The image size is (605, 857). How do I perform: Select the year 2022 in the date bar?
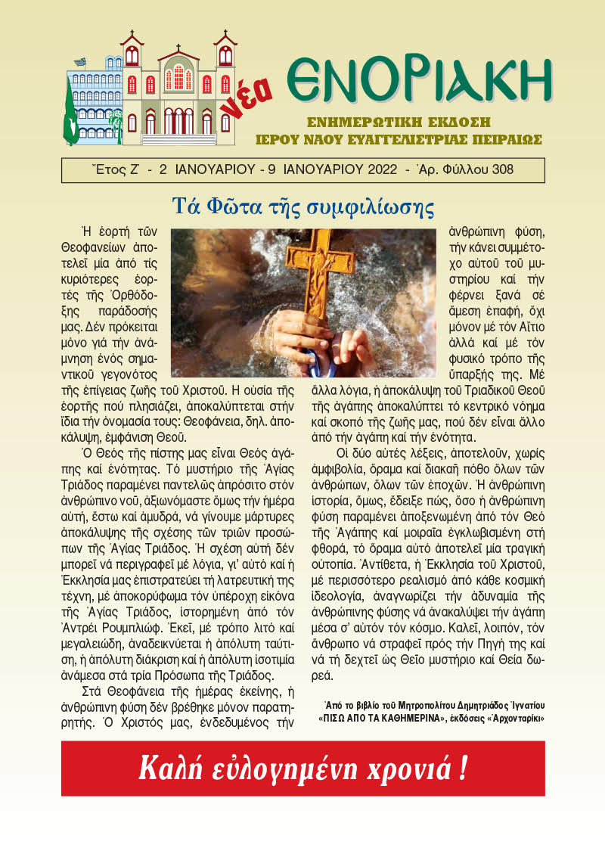pos(375,169)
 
